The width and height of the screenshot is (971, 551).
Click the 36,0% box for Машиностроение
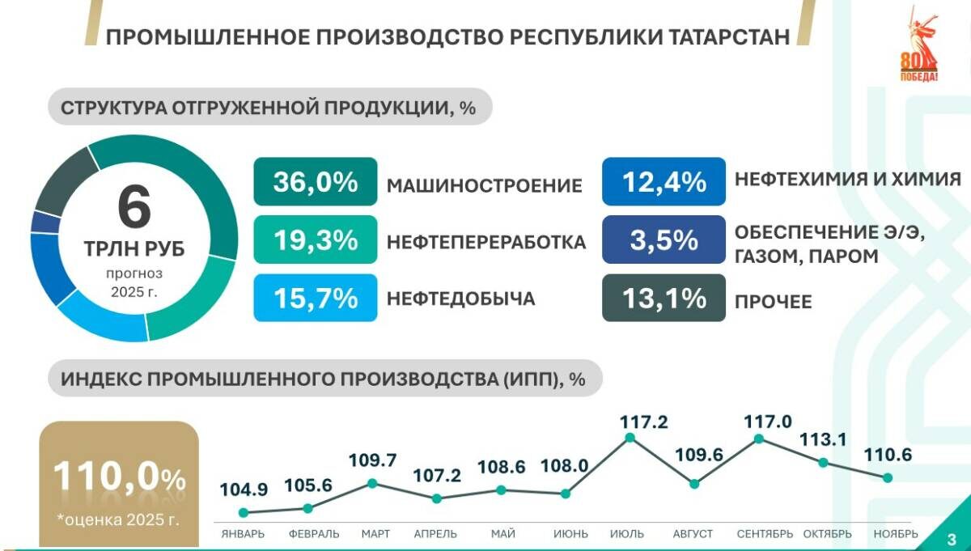tap(315, 181)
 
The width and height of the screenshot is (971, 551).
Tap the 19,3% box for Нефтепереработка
tap(315, 239)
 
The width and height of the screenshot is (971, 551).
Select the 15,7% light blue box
tap(315, 298)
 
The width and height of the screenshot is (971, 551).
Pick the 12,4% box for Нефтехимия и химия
tap(664, 181)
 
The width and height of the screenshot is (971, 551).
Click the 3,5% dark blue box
tap(664, 239)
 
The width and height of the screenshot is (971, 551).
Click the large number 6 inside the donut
tap(134, 207)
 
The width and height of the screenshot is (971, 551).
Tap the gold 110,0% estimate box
tap(119, 484)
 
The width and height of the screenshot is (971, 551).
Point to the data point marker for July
tap(630, 438)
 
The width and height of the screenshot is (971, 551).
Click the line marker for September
tap(759, 439)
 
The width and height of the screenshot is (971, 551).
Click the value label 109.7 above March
tap(372, 460)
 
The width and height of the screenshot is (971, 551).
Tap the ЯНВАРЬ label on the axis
tap(243, 534)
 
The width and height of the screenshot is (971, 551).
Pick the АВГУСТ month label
tap(693, 534)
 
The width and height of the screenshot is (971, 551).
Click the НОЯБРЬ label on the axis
tap(896, 534)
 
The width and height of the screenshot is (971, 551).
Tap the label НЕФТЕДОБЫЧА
tap(460, 299)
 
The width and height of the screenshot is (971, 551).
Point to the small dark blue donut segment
tap(45, 223)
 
